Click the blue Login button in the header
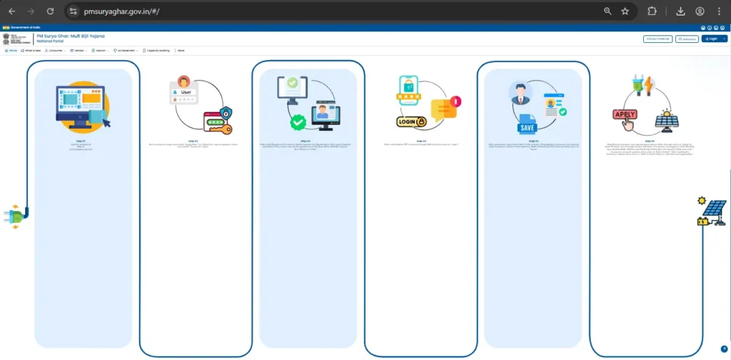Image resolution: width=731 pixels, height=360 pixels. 711,39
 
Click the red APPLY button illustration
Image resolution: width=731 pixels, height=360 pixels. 625,114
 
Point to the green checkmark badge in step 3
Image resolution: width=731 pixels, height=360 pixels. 298,122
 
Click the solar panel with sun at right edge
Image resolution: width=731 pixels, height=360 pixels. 712,211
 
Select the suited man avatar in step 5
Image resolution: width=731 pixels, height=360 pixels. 520,93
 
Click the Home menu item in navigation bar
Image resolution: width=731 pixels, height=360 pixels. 11,51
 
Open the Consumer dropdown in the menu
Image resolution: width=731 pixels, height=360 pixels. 56,51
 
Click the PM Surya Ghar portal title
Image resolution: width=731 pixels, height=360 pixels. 71,36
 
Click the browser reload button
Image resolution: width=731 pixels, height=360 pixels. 50,11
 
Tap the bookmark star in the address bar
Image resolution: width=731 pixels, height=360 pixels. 625,11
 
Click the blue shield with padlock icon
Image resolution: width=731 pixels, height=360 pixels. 226,112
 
